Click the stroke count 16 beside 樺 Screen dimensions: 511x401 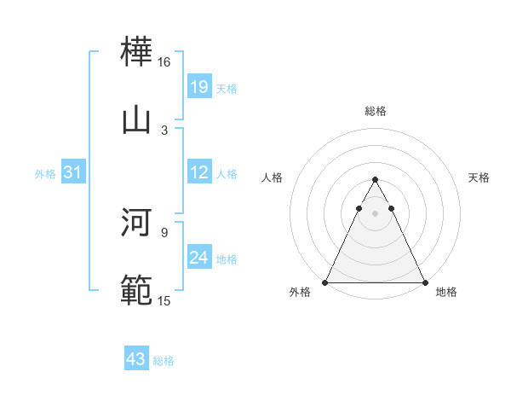tap(164, 62)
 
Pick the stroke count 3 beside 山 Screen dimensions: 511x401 tap(164, 130)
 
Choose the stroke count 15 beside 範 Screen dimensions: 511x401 tap(164, 299)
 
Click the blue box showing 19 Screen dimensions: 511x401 tap(199, 87)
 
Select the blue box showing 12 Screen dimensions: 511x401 tap(199, 172)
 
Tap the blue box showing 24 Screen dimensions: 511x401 tap(199, 258)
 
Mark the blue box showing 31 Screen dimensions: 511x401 tap(73, 172)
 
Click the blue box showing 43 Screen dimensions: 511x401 tap(136, 359)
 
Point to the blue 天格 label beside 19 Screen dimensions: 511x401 tap(227, 88)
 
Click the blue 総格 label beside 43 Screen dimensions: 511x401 tap(164, 361)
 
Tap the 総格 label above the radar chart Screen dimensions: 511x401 tap(375, 111)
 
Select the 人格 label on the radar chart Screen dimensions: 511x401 tap(273, 177)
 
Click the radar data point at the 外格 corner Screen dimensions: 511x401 tap(325, 282)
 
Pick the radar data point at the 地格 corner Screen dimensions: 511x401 tap(424, 282)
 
